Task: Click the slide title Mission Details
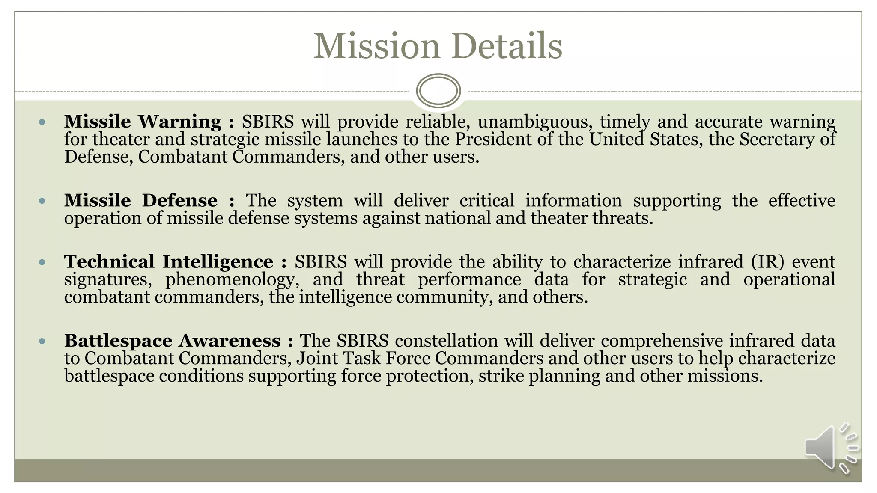438,46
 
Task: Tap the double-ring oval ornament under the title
438,91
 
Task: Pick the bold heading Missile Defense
141,201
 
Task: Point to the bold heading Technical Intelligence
169,262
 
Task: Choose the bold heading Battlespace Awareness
173,341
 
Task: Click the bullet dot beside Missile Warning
42,122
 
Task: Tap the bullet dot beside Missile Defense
42,201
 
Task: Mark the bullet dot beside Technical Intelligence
42,262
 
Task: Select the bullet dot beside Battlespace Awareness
42,341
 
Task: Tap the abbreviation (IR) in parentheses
768,262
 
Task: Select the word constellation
446,341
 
